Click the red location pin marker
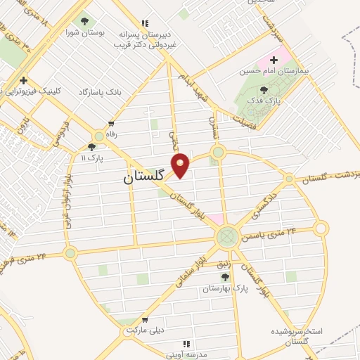(x=181, y=165)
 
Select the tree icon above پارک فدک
(x=264, y=90)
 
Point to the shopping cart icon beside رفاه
(x=110, y=123)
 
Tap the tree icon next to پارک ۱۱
(x=91, y=148)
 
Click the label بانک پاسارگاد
(x=101, y=92)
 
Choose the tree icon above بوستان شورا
(x=85, y=22)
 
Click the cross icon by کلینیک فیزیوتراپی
(x=23, y=80)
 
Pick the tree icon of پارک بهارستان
(x=225, y=277)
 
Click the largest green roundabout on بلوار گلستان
(x=227, y=236)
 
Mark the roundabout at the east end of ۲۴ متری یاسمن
(x=321, y=228)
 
